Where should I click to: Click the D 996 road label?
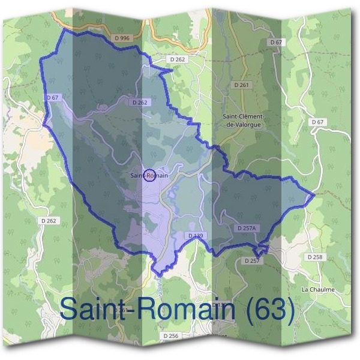[121, 38]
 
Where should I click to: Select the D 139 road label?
[194, 236]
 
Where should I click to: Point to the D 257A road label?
[247, 229]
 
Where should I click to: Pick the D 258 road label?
[314, 257]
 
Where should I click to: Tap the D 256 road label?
[171, 337]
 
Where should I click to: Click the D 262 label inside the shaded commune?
[139, 103]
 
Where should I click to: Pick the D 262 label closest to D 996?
[178, 59]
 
